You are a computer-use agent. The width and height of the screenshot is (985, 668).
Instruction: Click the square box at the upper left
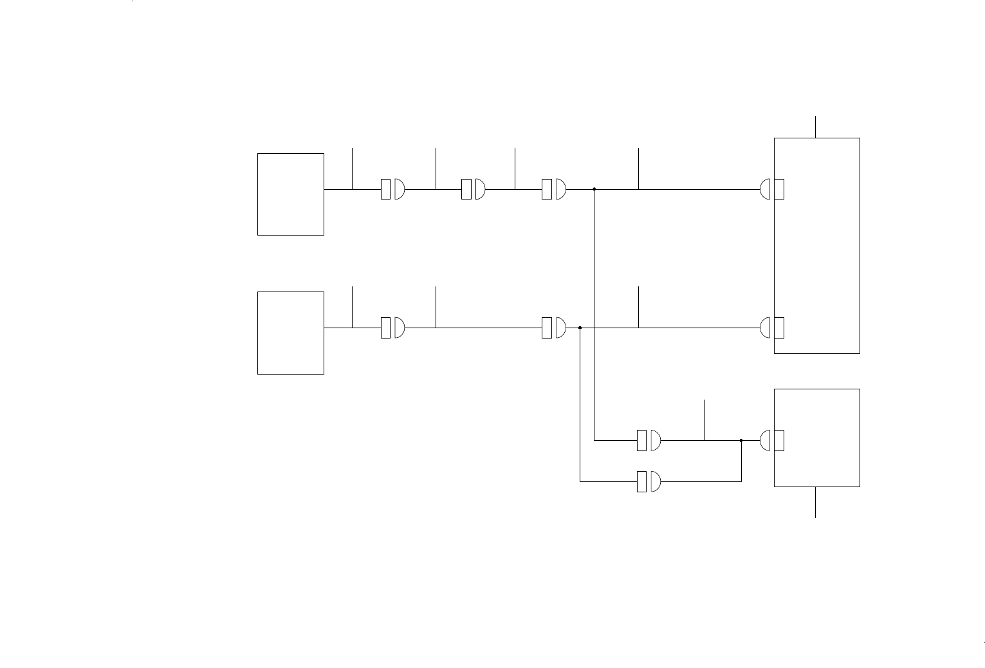coord(290,194)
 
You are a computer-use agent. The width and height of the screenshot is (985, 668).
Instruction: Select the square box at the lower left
coord(290,332)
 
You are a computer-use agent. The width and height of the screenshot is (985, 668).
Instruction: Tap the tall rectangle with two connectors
coord(816,245)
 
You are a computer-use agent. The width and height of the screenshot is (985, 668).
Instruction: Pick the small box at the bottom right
coord(816,438)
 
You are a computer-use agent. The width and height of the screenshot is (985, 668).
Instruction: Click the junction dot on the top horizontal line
coord(594,189)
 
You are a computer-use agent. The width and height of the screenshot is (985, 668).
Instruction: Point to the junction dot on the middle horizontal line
coord(580,328)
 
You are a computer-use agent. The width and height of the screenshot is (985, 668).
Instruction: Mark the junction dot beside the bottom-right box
coord(741,441)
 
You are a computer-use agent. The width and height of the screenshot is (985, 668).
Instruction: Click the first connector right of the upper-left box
coord(392,189)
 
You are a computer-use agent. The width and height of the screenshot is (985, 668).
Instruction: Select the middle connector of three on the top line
coord(473,189)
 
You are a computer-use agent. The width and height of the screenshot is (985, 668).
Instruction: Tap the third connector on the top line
coord(553,189)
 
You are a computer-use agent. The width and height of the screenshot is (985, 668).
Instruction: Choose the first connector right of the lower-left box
coord(392,328)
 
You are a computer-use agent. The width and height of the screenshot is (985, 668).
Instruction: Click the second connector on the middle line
coord(553,328)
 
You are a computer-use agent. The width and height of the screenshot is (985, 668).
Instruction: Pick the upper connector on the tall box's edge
coord(771,189)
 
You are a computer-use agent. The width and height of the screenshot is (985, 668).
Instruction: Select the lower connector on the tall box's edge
coord(771,328)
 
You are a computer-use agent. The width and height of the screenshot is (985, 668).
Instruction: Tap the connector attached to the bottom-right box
coord(771,441)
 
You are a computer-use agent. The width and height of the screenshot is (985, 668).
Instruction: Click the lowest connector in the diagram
coord(649,481)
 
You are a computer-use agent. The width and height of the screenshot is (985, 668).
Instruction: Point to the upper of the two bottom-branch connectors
coord(649,441)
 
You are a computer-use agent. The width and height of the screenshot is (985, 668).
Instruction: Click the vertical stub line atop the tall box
coord(816,127)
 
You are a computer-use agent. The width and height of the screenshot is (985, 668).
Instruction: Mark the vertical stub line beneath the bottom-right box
coord(816,502)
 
